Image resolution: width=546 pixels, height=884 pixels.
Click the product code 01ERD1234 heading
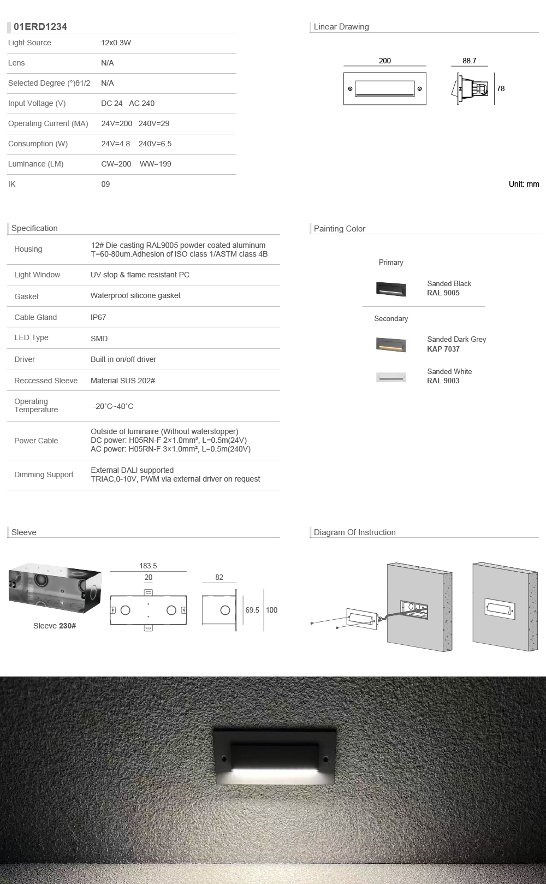(x=40, y=27)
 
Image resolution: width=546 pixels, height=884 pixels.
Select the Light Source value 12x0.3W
(x=116, y=43)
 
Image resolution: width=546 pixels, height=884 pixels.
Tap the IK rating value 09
(x=105, y=184)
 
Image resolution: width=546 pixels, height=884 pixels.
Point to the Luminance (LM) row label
(x=35, y=164)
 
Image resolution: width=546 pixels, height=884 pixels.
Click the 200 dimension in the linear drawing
(x=384, y=61)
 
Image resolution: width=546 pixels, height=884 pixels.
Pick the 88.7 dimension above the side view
(x=469, y=61)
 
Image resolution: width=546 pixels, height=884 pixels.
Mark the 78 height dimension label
(x=501, y=88)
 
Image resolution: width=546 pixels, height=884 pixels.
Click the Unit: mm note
(x=524, y=184)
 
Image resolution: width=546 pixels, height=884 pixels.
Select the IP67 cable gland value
(x=98, y=317)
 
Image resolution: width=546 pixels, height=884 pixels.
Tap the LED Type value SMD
(x=99, y=339)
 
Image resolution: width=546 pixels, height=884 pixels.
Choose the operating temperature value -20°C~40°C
(x=113, y=406)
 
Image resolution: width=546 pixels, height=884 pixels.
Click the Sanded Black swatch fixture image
(x=391, y=288)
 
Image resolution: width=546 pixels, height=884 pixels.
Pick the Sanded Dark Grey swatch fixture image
(x=391, y=345)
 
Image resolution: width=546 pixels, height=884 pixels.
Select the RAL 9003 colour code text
(x=443, y=381)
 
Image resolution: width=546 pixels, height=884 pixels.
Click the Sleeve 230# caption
(x=55, y=626)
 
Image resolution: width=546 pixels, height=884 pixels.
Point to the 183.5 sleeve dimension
(x=148, y=566)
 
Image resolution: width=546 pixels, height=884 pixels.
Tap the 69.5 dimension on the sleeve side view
(x=252, y=610)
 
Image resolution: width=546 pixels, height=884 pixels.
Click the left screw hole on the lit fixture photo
(x=223, y=758)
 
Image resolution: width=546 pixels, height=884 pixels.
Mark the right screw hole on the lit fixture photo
(x=325, y=758)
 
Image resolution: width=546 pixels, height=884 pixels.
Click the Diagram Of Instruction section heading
(x=354, y=532)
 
